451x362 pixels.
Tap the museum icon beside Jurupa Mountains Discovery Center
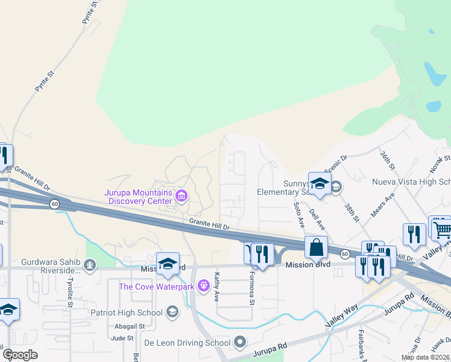coord(181,195)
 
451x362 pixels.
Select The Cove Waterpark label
coord(156,286)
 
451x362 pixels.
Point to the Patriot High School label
coord(126,313)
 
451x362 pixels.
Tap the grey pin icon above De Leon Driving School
coord(241,342)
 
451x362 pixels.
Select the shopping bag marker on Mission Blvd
coord(316,247)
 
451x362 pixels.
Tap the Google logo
coord(20,355)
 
